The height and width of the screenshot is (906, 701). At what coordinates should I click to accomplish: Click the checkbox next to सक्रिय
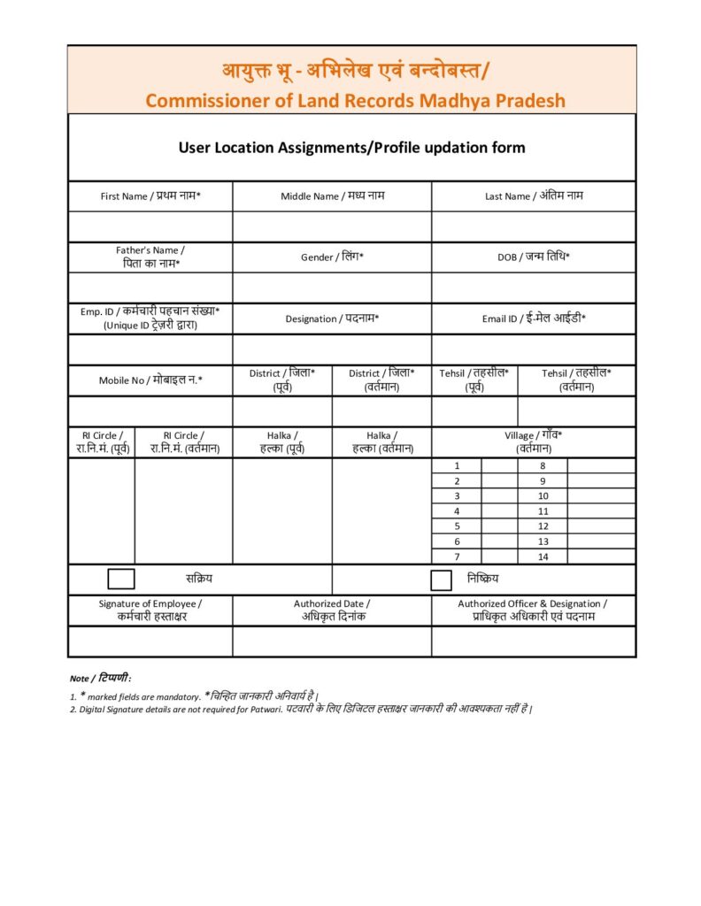click(x=121, y=580)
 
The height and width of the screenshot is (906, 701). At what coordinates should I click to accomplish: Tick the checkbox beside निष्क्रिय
click(x=442, y=580)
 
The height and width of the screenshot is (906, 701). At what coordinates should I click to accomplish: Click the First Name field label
click(x=150, y=196)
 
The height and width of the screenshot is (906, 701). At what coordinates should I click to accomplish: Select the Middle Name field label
click(x=332, y=196)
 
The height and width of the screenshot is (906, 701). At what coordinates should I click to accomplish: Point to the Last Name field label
click(x=534, y=196)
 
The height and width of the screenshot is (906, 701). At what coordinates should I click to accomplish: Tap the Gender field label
click(x=332, y=257)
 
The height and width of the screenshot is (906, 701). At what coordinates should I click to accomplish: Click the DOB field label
click(x=534, y=257)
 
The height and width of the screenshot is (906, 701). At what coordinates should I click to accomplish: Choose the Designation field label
click(x=332, y=319)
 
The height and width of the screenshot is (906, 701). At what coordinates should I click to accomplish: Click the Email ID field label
click(x=534, y=319)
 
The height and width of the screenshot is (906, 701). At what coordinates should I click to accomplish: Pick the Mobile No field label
click(x=150, y=380)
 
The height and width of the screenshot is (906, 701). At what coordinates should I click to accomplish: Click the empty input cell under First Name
click(x=150, y=226)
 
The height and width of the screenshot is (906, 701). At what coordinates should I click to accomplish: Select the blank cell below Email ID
click(x=534, y=349)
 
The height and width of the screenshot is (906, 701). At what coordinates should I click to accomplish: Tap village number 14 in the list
click(x=543, y=557)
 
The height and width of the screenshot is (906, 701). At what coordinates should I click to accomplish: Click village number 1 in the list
click(x=457, y=465)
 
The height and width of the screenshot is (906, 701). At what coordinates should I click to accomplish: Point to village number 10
click(x=543, y=495)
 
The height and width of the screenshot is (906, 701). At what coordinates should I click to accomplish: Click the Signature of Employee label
click(x=150, y=610)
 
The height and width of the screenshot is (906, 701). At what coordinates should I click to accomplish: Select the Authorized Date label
click(x=332, y=610)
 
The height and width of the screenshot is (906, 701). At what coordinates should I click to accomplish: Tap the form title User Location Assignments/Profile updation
click(x=351, y=148)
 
